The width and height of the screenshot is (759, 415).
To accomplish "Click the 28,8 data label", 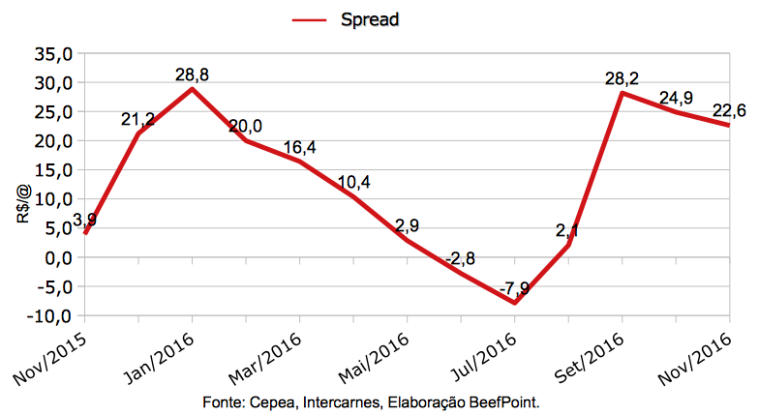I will tap(193, 74).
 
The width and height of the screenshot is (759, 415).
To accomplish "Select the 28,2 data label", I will tap(621, 77).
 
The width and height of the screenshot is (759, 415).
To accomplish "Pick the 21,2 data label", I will tap(138, 119).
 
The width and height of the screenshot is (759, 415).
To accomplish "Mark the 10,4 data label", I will tap(352, 183).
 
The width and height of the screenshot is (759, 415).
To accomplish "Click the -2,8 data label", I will tap(461, 259).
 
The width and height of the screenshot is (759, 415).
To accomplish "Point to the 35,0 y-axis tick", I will tap(54, 54).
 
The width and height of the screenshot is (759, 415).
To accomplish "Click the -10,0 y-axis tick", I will tap(50, 316).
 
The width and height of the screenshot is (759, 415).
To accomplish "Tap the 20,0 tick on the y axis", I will tap(54, 141).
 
